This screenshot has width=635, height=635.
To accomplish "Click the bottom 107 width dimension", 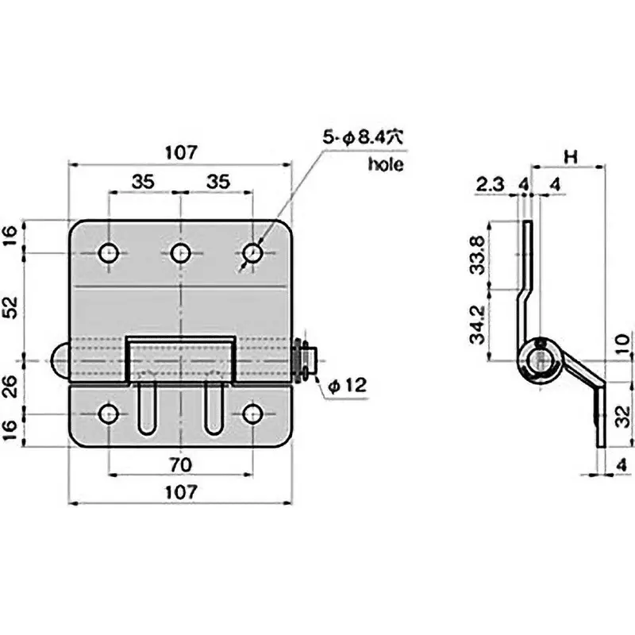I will coord(181,492).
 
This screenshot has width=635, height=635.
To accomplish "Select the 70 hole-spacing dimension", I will coord(181,463).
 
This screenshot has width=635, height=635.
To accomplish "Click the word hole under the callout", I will coord(386,165).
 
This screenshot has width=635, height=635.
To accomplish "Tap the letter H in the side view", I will coord(569,156).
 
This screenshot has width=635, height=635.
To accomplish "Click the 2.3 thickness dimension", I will coord(490,185).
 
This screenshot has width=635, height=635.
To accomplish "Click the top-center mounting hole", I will coord(181,253).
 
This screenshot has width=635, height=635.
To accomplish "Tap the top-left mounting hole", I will coord(109,253).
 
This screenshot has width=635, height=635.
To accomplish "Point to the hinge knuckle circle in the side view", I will coord(540,358).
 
